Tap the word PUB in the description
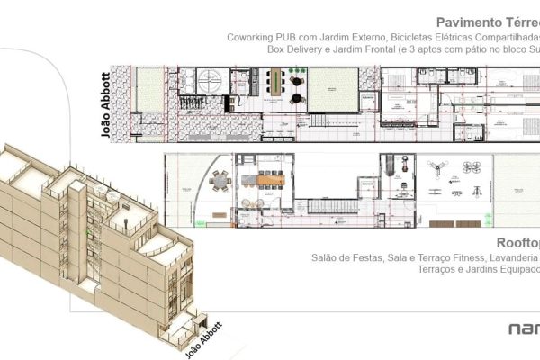point(296,39)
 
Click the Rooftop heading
point(517,243)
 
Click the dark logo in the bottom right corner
point(523,328)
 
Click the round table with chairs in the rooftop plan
point(220,181)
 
